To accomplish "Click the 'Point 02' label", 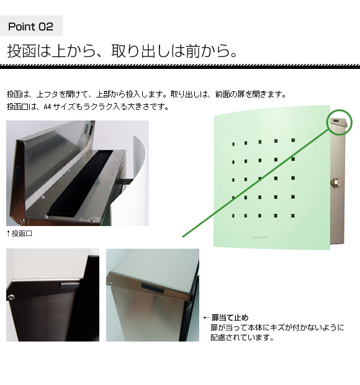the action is [x=30, y=26].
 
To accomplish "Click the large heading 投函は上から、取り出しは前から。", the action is [x=122, y=51].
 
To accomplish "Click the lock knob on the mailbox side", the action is [x=335, y=182].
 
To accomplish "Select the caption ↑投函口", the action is [x=19, y=233].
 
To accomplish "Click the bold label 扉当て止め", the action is [x=230, y=318].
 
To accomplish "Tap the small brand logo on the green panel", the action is [x=259, y=237].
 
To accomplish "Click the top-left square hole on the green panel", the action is [x=233, y=144].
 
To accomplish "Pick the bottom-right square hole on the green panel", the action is [x=293, y=216].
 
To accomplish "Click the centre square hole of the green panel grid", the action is [x=260, y=179].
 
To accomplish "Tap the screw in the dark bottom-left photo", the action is [x=11, y=297].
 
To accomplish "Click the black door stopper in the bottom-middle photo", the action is [x=153, y=288].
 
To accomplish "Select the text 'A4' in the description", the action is [x=47, y=107].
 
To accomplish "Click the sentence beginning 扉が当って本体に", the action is [x=277, y=327].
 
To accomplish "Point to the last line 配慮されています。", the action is [x=242, y=338].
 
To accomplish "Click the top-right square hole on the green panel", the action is [x=293, y=140].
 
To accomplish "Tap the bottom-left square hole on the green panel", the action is [x=233, y=216].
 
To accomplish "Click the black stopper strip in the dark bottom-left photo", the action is [x=70, y=285].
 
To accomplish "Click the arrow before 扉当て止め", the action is [x=207, y=318].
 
